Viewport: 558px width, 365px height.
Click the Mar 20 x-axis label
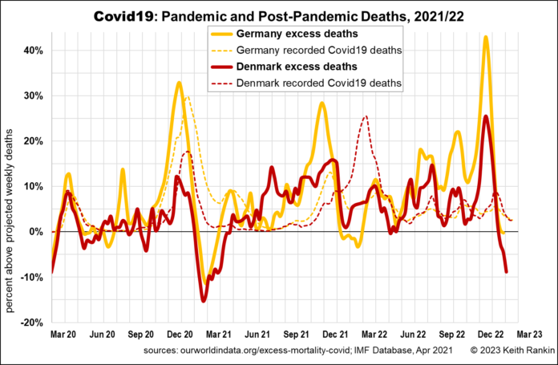tap(64, 333)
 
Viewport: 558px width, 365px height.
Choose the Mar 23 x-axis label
tap(530, 333)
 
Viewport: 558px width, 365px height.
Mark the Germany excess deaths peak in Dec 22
tap(486, 37)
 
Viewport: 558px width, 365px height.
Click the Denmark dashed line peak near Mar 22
tap(366, 116)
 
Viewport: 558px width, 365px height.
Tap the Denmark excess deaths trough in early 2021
tap(204, 300)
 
